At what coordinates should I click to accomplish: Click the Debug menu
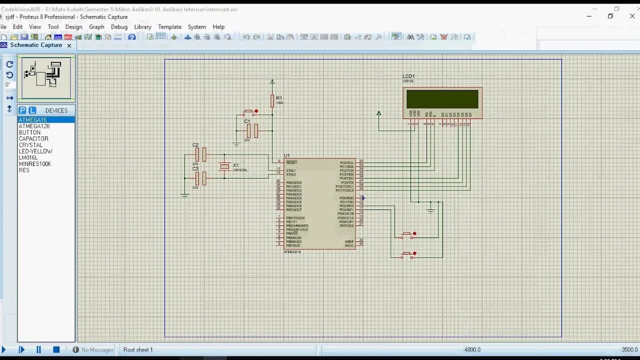119,27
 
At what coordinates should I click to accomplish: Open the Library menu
142,27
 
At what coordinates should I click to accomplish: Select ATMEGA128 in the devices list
34,126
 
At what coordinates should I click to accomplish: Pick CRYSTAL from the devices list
31,145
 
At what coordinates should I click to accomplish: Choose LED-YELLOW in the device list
35,151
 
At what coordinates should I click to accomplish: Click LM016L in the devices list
28,158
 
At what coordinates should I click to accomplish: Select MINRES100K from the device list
35,164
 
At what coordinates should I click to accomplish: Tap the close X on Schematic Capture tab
69,45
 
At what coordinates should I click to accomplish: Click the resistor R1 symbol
272,101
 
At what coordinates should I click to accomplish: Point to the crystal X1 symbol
224,166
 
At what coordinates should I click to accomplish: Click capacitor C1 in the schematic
252,131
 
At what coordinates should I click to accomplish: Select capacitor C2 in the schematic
200,154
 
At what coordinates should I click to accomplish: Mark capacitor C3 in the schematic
200,178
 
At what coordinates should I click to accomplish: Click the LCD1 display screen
442,99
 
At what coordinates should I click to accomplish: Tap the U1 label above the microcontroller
286,156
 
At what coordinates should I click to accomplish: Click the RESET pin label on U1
291,162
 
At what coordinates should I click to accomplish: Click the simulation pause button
38,350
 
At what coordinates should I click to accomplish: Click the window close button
632,16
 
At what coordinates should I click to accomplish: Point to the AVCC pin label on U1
349,245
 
